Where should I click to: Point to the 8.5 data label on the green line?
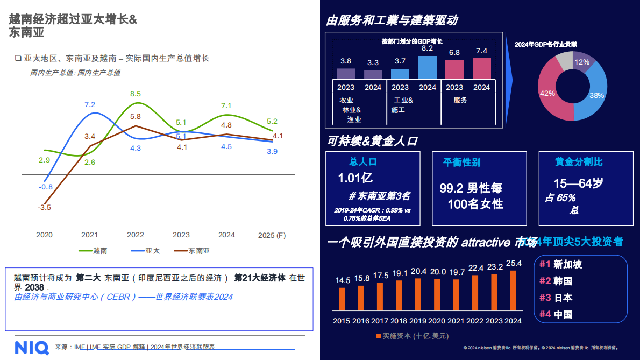136,94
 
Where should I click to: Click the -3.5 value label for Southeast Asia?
45,207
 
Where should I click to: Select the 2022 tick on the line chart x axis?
136,235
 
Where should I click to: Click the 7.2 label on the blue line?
90,105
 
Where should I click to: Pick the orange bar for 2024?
513,291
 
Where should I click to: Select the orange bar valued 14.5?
342,299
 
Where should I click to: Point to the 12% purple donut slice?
582,62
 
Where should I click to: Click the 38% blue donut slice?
594,96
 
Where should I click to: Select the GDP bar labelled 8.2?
427,68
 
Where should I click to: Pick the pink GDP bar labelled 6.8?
454,69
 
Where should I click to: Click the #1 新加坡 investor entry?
561,265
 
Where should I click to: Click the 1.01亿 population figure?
355,178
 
